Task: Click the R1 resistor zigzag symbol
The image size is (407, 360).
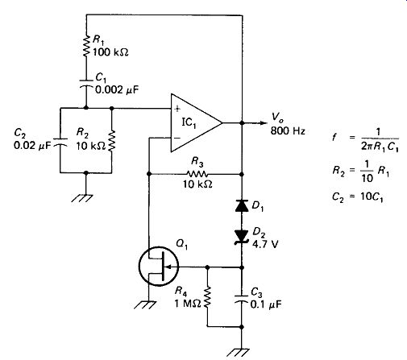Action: (86, 46)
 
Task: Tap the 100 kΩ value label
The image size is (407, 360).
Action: (110, 52)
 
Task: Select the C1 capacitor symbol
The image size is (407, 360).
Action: (86, 83)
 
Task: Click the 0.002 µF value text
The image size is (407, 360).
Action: (117, 89)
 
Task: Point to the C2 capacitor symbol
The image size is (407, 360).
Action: (60, 142)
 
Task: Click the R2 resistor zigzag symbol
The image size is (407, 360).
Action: (112, 140)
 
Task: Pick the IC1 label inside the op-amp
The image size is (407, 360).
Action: (189, 122)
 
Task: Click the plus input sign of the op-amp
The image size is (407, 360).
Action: (177, 109)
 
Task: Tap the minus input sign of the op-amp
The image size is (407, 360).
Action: (177, 138)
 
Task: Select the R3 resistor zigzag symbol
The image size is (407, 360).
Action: (197, 174)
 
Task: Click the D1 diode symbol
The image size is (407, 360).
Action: (242, 206)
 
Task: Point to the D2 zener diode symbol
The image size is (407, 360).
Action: (241, 238)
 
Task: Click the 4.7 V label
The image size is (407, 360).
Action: (265, 244)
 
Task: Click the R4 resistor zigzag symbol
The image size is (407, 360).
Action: (207, 297)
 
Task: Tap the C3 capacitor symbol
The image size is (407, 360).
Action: (241, 299)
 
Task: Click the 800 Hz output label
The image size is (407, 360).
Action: (288, 131)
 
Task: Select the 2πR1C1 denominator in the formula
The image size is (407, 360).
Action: (380, 147)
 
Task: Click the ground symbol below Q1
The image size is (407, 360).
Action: (145, 304)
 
